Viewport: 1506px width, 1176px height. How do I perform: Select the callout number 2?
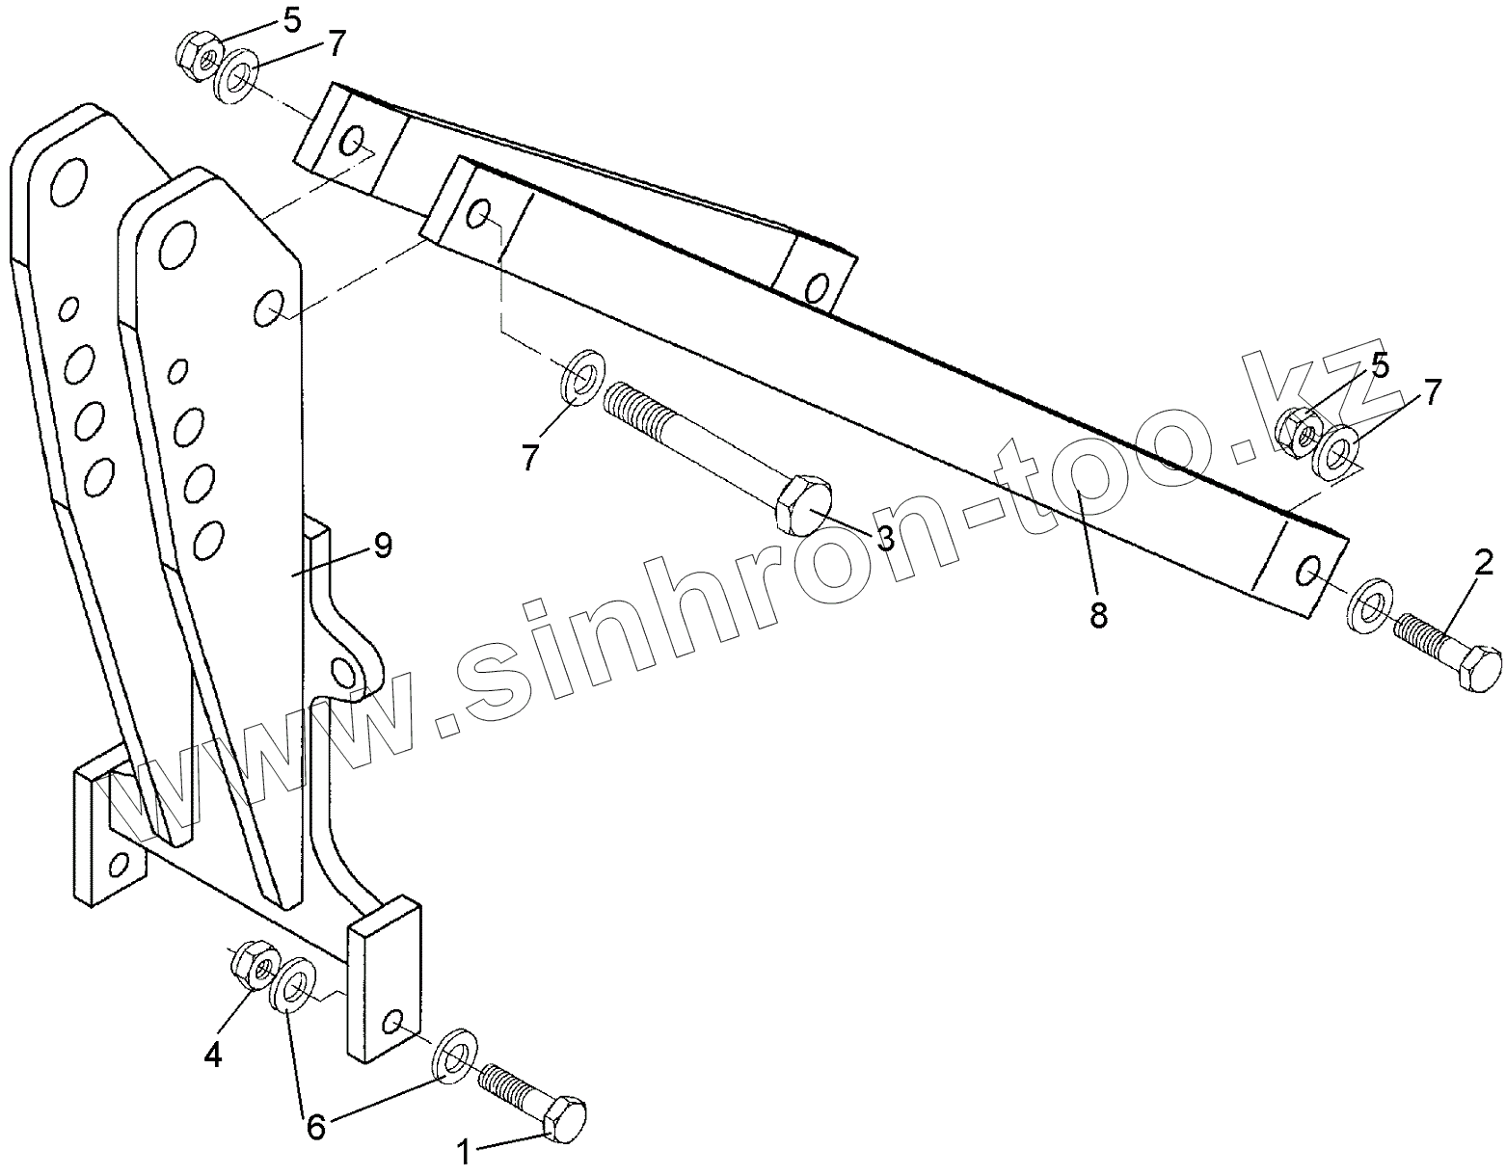tap(1482, 562)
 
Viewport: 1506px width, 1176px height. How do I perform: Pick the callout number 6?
tap(315, 1125)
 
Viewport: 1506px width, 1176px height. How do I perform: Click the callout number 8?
tap(1099, 614)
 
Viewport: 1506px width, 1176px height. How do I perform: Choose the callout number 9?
tap(382, 546)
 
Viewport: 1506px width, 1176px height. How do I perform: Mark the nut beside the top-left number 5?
tap(200, 55)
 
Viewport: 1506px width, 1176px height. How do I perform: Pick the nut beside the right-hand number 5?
tap(1298, 431)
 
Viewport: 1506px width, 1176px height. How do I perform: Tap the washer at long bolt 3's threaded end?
tap(581, 378)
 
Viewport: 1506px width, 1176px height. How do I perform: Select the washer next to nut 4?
tap(293, 983)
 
